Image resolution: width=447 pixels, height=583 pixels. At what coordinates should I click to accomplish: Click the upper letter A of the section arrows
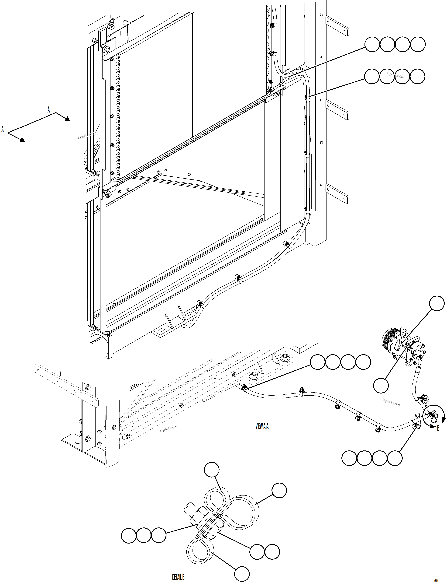tap(49, 110)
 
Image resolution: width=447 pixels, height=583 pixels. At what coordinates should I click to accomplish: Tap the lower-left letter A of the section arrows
tap(3, 129)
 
